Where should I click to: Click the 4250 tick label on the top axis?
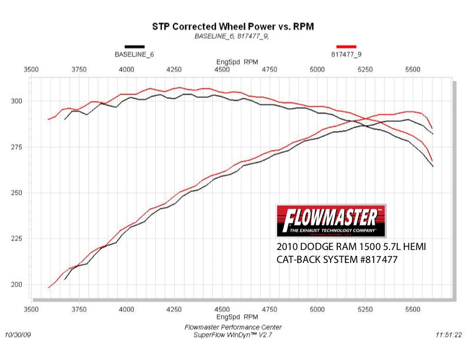pyautogui.click(x=174, y=69)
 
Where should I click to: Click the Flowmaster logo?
pyautogui.click(x=331, y=220)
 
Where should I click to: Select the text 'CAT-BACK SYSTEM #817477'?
pyautogui.click(x=331, y=258)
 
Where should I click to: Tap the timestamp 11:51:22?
pyautogui.click(x=449, y=335)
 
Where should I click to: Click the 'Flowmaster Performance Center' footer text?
pyautogui.click(x=232, y=327)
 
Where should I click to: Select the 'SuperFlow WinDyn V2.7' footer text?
pyautogui.click(x=232, y=335)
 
